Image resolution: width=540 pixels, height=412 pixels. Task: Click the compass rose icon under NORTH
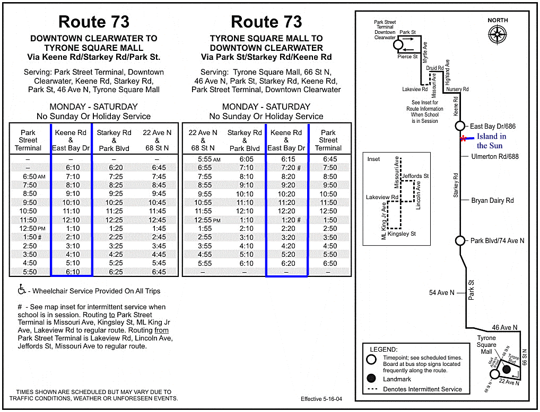pyautogui.click(x=498, y=34)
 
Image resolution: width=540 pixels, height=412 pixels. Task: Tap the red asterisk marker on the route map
pyautogui.click(x=464, y=139)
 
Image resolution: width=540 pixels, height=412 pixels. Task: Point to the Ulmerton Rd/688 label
pyautogui.click(x=495, y=157)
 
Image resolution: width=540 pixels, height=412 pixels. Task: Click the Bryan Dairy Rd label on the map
pyautogui.click(x=492, y=201)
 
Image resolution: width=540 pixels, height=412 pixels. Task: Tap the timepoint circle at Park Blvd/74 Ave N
pyautogui.click(x=460, y=241)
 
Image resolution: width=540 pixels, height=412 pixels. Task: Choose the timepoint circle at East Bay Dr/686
pyautogui.click(x=460, y=126)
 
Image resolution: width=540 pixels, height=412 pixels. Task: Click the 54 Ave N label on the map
pyautogui.click(x=441, y=292)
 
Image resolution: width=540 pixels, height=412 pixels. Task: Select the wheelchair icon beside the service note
pyautogui.click(x=22, y=290)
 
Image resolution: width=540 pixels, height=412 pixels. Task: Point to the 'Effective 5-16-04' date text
pyautogui.click(x=321, y=399)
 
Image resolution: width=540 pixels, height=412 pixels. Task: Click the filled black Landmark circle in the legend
pyautogui.click(x=371, y=379)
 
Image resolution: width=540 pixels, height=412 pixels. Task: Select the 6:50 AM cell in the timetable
pyautogui.click(x=33, y=176)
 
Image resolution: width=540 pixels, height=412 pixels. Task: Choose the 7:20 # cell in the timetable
pyautogui.click(x=287, y=168)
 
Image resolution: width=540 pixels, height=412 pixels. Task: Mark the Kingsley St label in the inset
pyautogui.click(x=402, y=234)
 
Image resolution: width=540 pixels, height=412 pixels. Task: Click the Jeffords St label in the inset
pyautogui.click(x=415, y=176)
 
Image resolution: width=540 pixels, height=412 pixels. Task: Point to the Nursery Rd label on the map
pyautogui.click(x=457, y=89)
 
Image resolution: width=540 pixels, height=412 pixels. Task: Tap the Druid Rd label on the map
pyautogui.click(x=434, y=68)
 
